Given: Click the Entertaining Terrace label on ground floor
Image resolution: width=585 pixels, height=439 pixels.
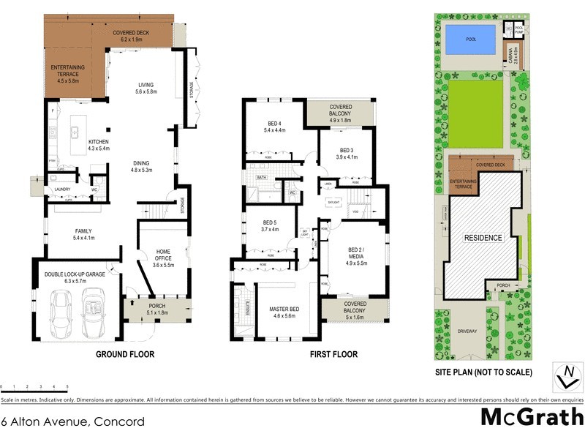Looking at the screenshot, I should point(68,75).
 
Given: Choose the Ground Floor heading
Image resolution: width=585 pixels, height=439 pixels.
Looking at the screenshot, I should point(126,354).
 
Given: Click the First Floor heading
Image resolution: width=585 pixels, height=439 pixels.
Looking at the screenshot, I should point(333,354).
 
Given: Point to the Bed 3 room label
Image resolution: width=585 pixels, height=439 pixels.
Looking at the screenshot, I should point(346,153).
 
